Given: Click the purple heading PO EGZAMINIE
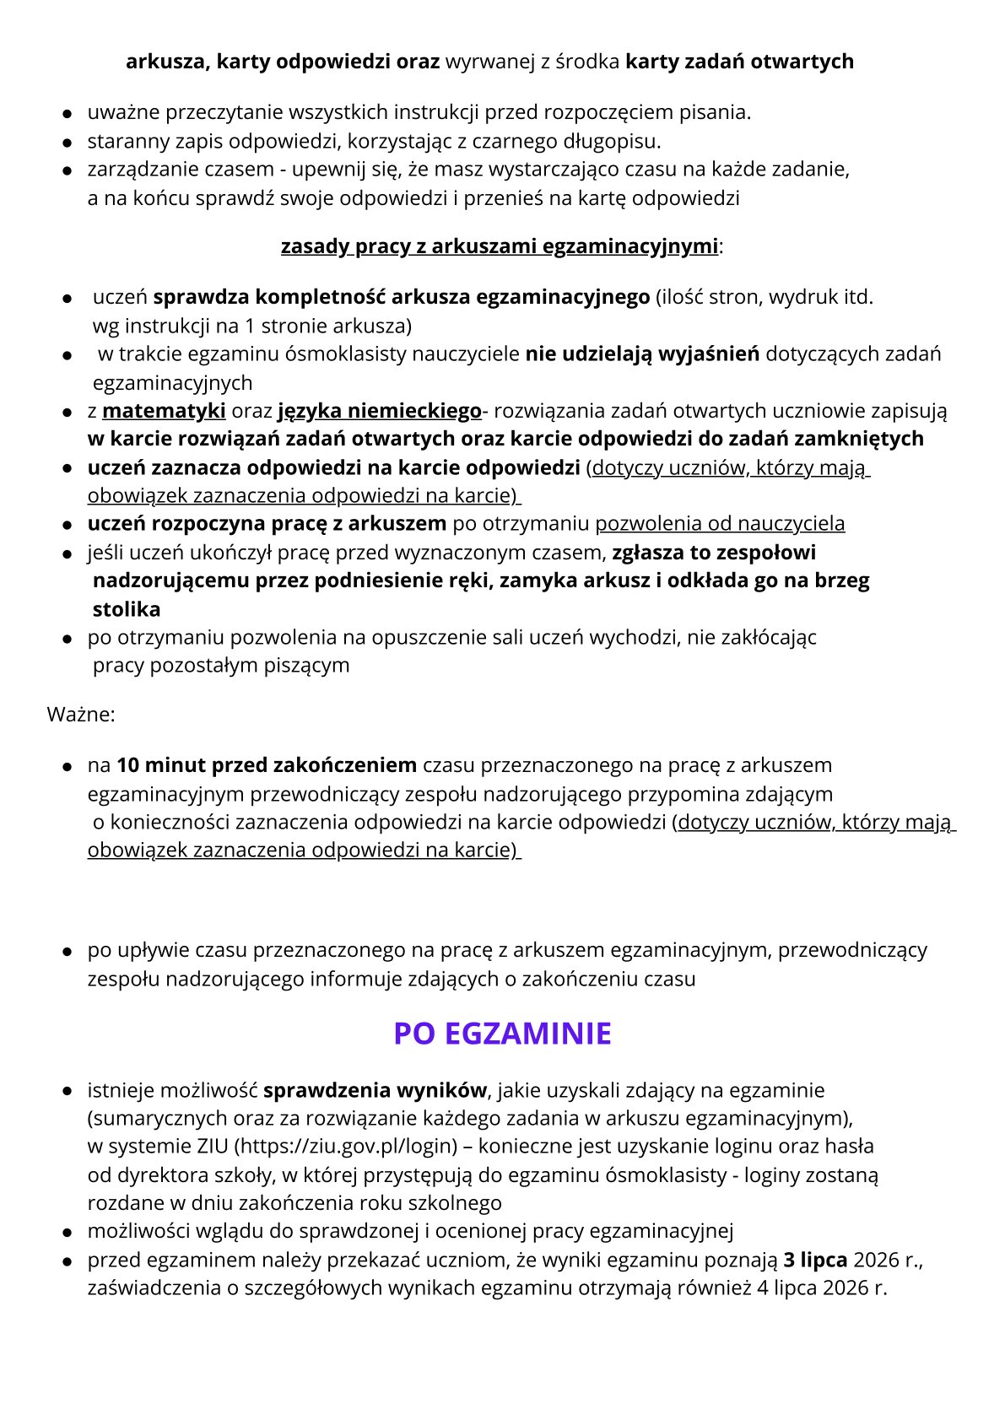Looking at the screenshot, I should pyautogui.click(x=502, y=1034).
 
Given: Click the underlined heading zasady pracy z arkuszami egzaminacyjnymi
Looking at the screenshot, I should pyautogui.click(x=500, y=246).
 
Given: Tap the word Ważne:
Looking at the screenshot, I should pyautogui.click(x=81, y=715).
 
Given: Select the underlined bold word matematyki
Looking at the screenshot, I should pyautogui.click(x=164, y=411).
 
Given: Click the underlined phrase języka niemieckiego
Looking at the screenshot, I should pyautogui.click(x=379, y=411).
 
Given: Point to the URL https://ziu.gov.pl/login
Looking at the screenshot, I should pyautogui.click(x=346, y=1146).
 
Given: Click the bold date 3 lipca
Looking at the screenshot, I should pyautogui.click(x=815, y=1260).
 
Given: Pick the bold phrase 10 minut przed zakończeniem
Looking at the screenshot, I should pyautogui.click(x=267, y=765).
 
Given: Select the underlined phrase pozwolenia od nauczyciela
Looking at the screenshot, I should pyautogui.click(x=720, y=523).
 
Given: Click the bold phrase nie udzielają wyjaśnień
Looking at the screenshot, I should pyautogui.click(x=642, y=354).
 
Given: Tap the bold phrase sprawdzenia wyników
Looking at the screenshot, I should pyautogui.click(x=375, y=1090).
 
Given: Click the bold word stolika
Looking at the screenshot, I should pyautogui.click(x=127, y=609).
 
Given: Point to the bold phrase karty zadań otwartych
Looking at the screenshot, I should pyautogui.click(x=739, y=62).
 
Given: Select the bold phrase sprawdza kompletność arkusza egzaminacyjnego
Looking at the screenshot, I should pyautogui.click(x=402, y=297).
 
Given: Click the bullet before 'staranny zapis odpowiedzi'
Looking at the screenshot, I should pyautogui.click(x=67, y=142).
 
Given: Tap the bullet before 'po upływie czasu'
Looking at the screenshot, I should pyautogui.click(x=67, y=952).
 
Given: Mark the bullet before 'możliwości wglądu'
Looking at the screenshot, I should pyautogui.click(x=67, y=1233).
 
